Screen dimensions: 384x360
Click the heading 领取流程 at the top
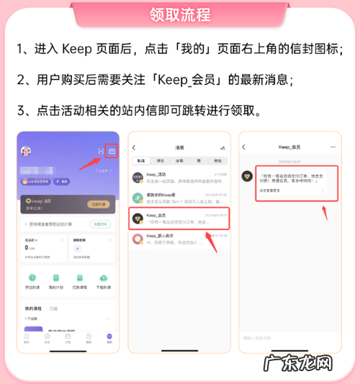tap(180, 14)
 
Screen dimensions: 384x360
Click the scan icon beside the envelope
tap(100, 151)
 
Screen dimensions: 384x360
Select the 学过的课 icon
tap(32, 278)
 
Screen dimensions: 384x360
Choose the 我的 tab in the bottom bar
tap(109, 337)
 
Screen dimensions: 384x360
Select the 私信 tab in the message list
tap(140, 160)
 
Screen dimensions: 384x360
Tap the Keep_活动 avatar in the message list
tap(138, 175)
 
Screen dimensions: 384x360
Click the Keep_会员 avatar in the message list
tap(138, 216)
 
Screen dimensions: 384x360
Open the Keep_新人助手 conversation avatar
tap(138, 238)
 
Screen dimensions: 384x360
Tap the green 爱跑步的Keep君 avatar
tap(138, 196)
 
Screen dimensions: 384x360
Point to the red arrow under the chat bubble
tap(325, 211)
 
